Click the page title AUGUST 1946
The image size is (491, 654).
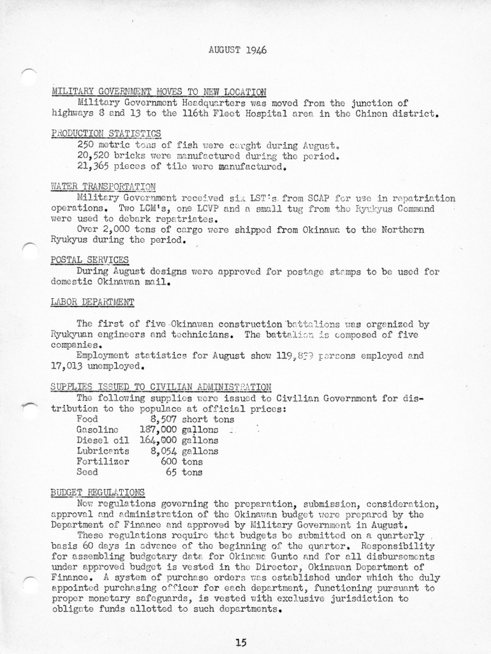pos(237,50)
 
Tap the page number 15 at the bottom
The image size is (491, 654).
pos(240,643)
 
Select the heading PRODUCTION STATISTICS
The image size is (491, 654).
pos(106,133)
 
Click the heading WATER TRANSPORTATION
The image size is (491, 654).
pos(103,186)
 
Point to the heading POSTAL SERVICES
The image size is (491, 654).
pos(89,259)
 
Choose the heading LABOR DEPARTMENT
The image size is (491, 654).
pos(92,301)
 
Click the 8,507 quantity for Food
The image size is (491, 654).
pos(163,420)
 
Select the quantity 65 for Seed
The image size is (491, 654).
pos(171,472)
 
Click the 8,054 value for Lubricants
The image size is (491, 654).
pos(163,451)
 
